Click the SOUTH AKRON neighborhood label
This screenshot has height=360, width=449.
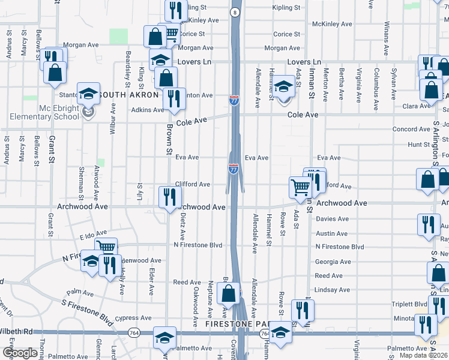[128, 95]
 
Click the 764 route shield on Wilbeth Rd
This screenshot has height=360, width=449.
[132, 332]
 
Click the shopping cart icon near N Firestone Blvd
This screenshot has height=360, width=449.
[106, 247]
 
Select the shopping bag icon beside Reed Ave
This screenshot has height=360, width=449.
[228, 293]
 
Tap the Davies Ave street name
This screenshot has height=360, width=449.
[332, 219]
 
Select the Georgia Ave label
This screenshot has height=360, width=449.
[333, 262]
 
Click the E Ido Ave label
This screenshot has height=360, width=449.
[93, 234]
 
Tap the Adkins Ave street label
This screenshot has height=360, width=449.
[147, 110]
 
